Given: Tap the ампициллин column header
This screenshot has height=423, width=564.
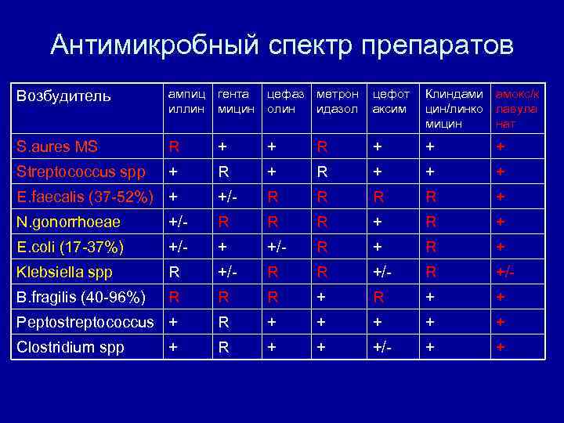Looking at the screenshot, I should pyautogui.click(x=186, y=101).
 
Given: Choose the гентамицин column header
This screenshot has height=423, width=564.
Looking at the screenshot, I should pyautogui.click(x=236, y=101).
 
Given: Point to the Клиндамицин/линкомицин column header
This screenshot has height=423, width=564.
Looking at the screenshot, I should pyautogui.click(x=454, y=108).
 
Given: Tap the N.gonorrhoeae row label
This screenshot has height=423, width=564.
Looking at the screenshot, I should pyautogui.click(x=70, y=222).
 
